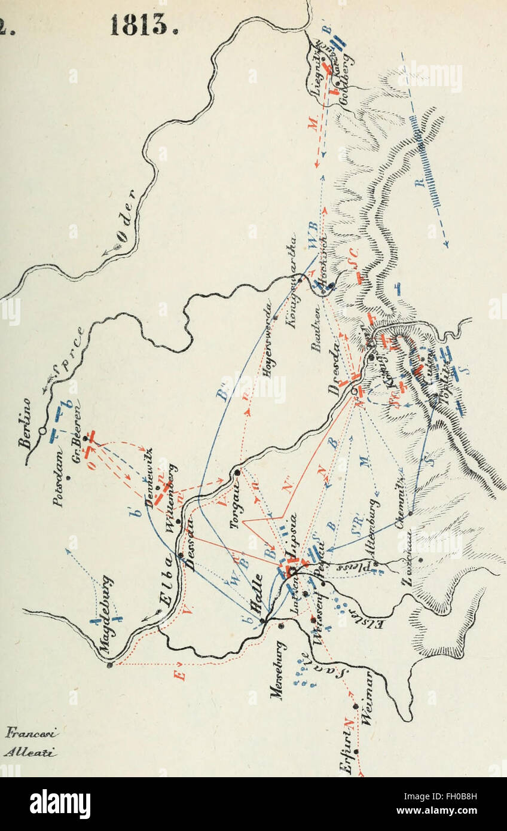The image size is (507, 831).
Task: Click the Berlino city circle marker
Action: click(x=42, y=430)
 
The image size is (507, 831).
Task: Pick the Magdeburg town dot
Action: click(x=109, y=664)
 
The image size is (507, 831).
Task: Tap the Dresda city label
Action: click(x=336, y=365)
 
